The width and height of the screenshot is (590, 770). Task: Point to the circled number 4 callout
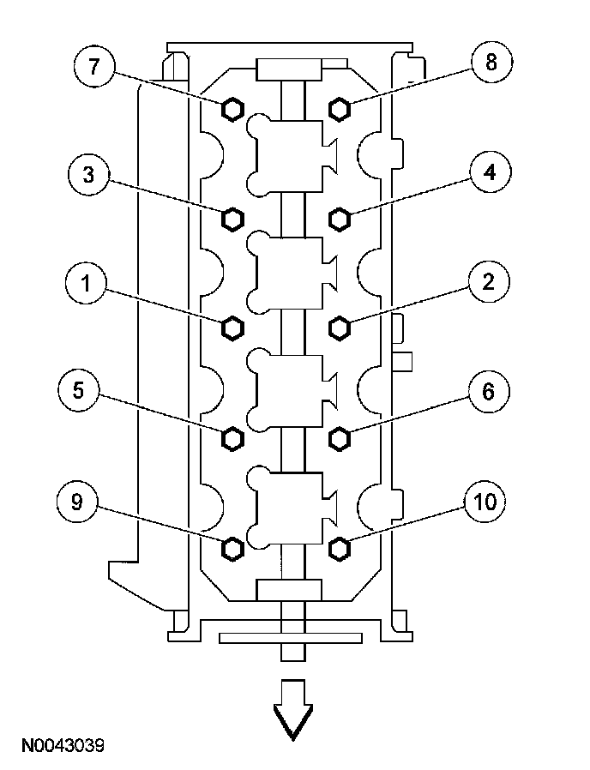pyautogui.click(x=489, y=172)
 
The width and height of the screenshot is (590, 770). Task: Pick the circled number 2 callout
pyautogui.click(x=488, y=282)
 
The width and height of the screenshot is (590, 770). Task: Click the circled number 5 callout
pyautogui.click(x=78, y=392)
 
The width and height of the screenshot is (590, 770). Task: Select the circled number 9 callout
pyautogui.click(x=77, y=503)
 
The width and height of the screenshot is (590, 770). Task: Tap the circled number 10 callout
pyautogui.click(x=485, y=502)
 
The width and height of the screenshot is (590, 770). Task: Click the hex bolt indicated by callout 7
pyautogui.click(x=232, y=108)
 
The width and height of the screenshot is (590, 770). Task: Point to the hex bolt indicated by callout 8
pyautogui.click(x=340, y=108)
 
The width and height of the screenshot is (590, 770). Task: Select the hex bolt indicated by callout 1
pyautogui.click(x=232, y=327)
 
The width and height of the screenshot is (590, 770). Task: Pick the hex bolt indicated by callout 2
pyautogui.click(x=340, y=327)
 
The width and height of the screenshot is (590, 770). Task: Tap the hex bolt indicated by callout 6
pyautogui.click(x=340, y=438)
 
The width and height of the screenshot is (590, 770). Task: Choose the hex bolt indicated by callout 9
pyautogui.click(x=232, y=547)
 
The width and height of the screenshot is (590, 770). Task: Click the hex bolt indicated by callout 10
pyautogui.click(x=340, y=547)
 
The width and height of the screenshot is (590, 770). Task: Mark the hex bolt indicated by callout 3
pyautogui.click(x=232, y=218)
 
